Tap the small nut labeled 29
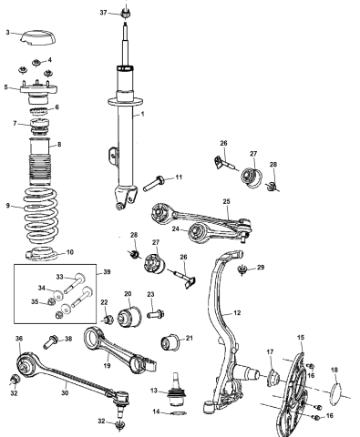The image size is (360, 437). pyautogui.click(x=242, y=270)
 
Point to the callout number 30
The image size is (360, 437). pyautogui.click(x=64, y=393)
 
